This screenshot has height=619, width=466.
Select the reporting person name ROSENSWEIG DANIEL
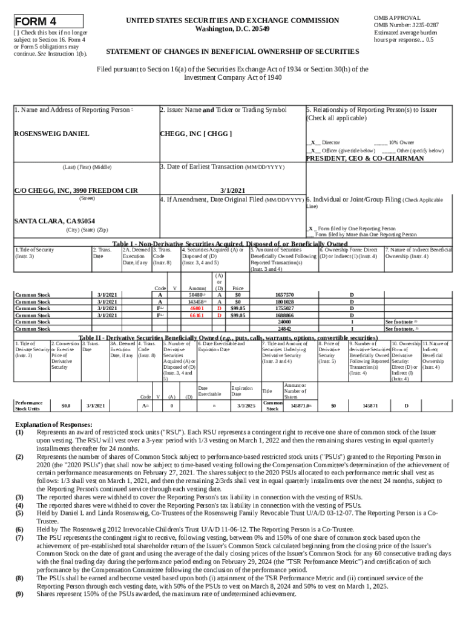coord(51,134)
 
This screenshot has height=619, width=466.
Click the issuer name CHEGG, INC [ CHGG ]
coord(195,134)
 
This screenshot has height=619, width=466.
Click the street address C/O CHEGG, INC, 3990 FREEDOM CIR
coord(74,190)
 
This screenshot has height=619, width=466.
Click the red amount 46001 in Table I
coord(195,308)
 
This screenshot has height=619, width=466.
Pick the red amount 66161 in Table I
coord(195,315)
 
